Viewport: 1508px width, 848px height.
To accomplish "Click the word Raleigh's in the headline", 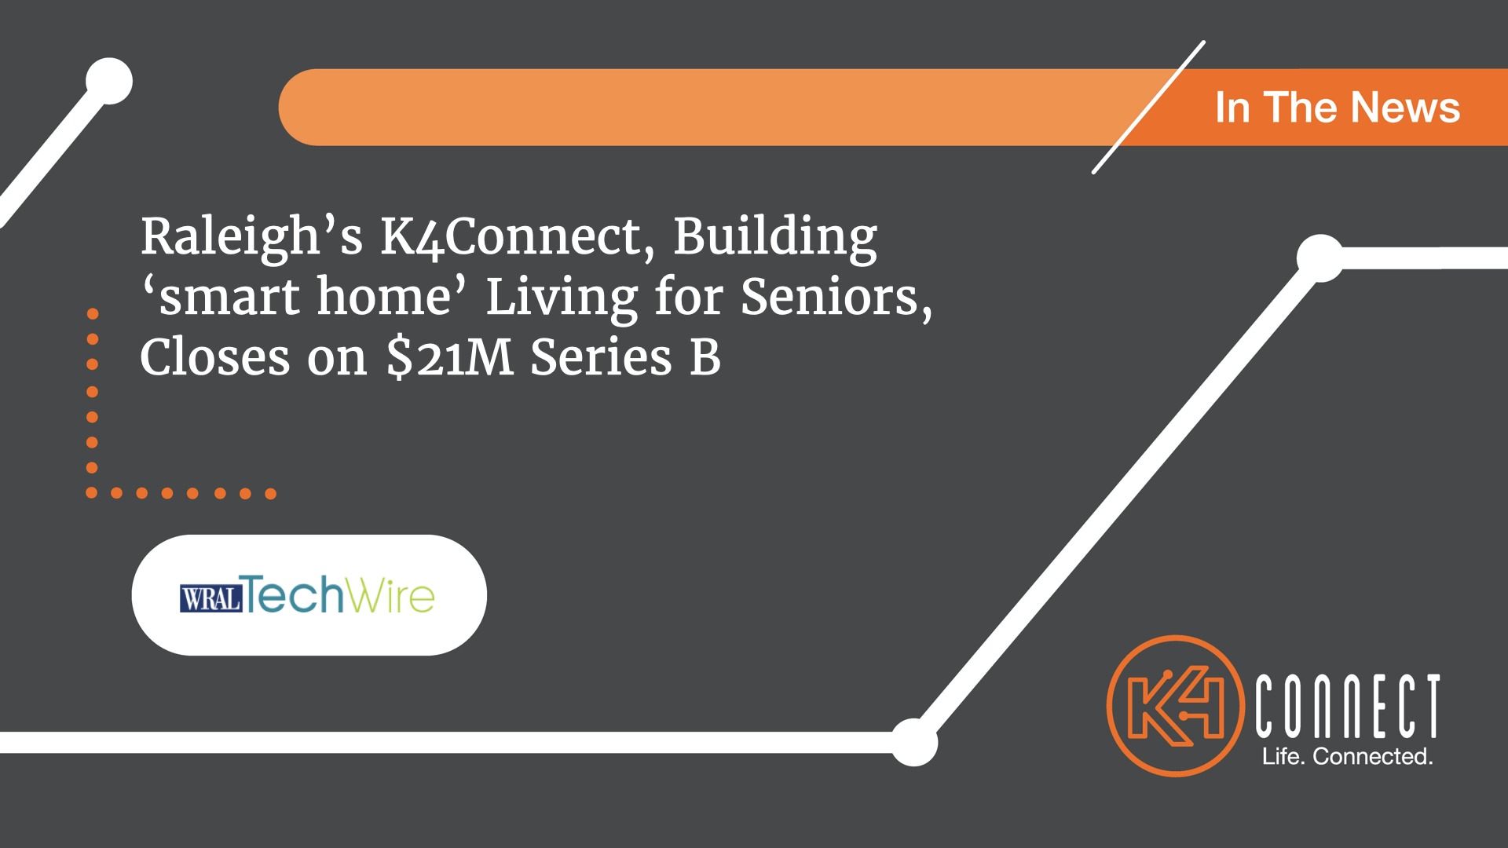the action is [251, 236].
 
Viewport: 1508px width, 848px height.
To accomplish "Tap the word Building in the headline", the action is [775, 236].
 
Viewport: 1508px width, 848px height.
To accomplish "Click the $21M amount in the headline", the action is [450, 357].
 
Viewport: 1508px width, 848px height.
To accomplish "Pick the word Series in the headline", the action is [601, 357].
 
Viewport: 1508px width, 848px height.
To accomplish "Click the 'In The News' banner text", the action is [1338, 108].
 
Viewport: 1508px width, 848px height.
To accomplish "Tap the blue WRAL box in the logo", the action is [210, 598].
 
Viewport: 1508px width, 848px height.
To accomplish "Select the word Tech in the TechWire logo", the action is [292, 594].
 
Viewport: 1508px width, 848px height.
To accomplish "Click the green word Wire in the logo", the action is [390, 594].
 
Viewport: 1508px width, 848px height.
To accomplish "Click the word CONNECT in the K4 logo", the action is [1347, 706].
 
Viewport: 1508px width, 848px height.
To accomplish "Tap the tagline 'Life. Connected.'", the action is [1347, 756].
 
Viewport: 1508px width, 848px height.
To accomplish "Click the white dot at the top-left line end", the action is [109, 81].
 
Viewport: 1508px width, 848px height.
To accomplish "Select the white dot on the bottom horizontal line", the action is [913, 742].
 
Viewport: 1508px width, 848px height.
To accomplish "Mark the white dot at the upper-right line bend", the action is [1320, 258].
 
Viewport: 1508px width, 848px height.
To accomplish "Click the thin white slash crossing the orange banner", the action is [1148, 107].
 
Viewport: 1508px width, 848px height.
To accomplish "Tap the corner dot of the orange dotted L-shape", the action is [91, 493].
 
